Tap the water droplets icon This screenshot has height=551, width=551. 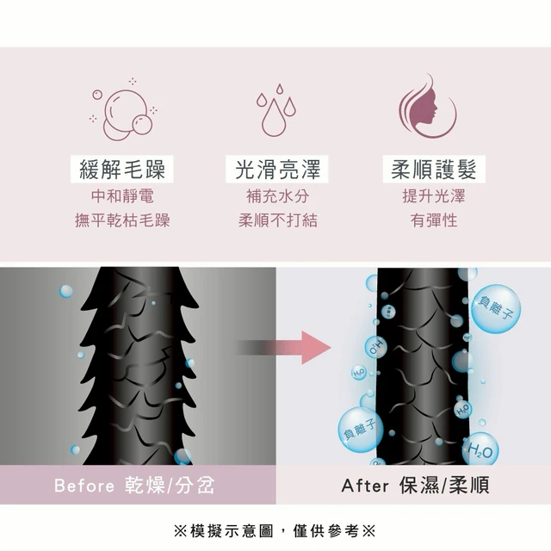pyautogui.click(x=276, y=110)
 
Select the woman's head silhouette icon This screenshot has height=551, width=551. pyautogui.click(x=428, y=106)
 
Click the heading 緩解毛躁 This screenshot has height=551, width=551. pyautogui.click(x=122, y=169)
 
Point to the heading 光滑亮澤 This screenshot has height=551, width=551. pyautogui.click(x=277, y=169)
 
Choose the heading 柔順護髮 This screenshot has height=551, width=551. pyautogui.click(x=434, y=169)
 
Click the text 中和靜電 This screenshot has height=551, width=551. pyautogui.click(x=122, y=195)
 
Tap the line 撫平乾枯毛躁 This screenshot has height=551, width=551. pyautogui.click(x=122, y=220)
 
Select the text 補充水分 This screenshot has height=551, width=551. pyautogui.click(x=277, y=195)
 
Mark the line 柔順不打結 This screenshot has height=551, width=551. pyautogui.click(x=277, y=220)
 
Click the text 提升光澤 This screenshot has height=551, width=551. pyautogui.click(x=434, y=195)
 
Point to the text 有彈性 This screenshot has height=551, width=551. pyautogui.click(x=434, y=220)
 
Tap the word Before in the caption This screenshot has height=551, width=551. pyautogui.click(x=84, y=486)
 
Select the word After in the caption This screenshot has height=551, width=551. pyautogui.click(x=365, y=486)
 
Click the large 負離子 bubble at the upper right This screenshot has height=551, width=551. pyautogui.click(x=496, y=309)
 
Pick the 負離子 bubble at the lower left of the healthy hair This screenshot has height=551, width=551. pyautogui.click(x=361, y=430)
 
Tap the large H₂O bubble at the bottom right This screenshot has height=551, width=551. pyautogui.click(x=480, y=450)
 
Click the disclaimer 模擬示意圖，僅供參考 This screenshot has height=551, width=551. pyautogui.click(x=275, y=530)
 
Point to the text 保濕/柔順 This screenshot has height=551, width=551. pyautogui.click(x=444, y=486)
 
